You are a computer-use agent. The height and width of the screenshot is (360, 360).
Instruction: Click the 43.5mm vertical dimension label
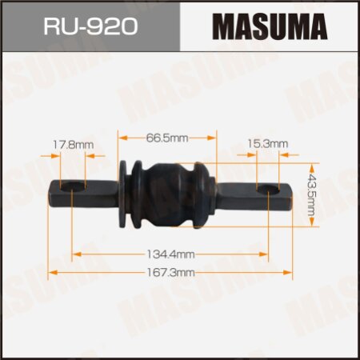click(313, 192)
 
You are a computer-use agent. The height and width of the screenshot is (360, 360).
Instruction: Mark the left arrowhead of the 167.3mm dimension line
click(51, 273)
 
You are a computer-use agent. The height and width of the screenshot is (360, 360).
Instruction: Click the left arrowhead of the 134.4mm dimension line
click(77, 254)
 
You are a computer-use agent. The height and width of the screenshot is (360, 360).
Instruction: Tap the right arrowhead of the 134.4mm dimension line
click(267, 254)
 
